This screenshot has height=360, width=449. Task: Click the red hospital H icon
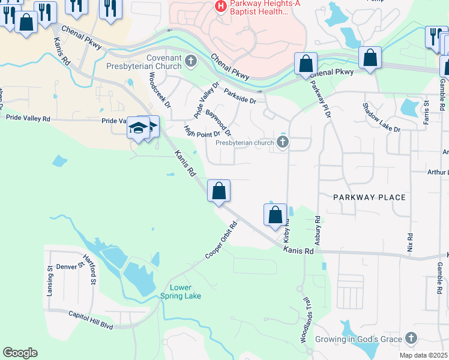click(221, 6)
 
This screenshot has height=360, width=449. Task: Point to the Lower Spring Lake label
click(181, 292)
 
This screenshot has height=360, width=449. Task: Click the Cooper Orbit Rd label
click(221, 241)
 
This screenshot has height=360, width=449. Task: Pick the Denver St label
click(68, 266)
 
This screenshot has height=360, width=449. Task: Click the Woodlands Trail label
click(306, 319)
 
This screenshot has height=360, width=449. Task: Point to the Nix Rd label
click(410, 242)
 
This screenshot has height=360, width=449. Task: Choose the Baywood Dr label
click(218, 122)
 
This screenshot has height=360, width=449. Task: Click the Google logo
click(20, 353)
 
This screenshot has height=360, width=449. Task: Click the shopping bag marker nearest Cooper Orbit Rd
click(219, 191)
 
